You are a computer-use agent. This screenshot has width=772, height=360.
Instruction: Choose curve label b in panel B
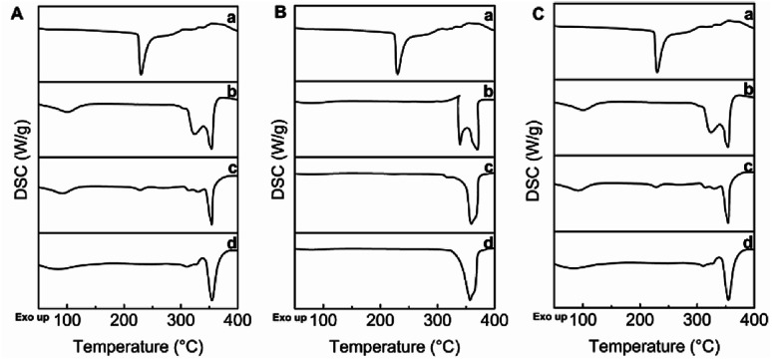[x=488, y=93]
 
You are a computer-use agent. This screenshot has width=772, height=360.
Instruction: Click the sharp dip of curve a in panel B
[x=397, y=73]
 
